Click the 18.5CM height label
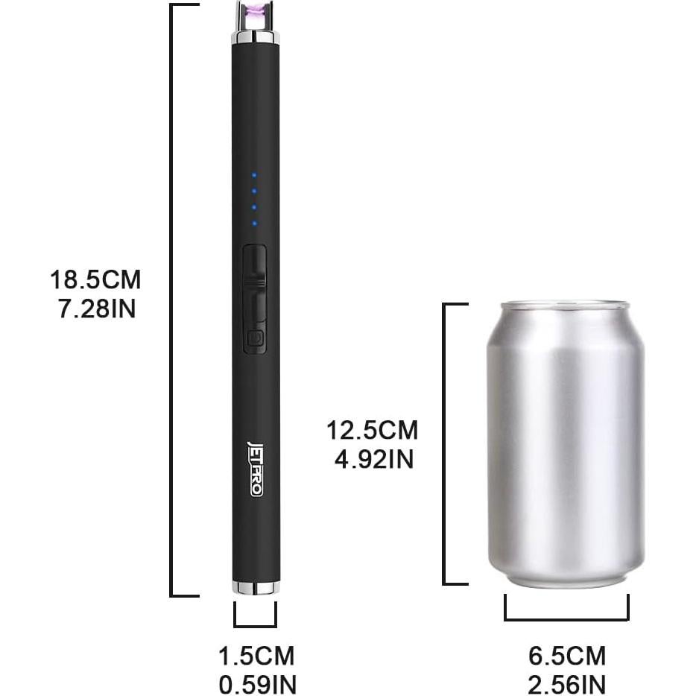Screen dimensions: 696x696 pyautogui.click(x=95, y=281)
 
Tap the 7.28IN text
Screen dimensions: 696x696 pyautogui.click(x=97, y=309)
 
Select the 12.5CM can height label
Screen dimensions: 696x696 pyautogui.click(x=372, y=431)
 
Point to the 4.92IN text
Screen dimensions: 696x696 pyautogui.click(x=373, y=459)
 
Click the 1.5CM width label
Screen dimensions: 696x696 pyautogui.click(x=256, y=657)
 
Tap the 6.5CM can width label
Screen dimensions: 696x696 pyautogui.click(x=566, y=657)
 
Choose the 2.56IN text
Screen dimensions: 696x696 pyautogui.click(x=567, y=684)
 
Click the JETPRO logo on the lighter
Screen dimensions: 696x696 pyautogui.click(x=255, y=469)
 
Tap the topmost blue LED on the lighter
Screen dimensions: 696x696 pyautogui.click(x=254, y=175)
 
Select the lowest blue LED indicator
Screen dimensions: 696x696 pyautogui.click(x=254, y=223)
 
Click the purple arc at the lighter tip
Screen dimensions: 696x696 pyautogui.click(x=254, y=10)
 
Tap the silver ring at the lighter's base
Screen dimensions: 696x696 pyautogui.click(x=255, y=588)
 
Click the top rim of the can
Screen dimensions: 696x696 pyautogui.click(x=564, y=306)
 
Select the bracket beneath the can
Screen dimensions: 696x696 pyautogui.click(x=566, y=617)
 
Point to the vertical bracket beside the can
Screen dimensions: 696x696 pyautogui.click(x=445, y=443)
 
